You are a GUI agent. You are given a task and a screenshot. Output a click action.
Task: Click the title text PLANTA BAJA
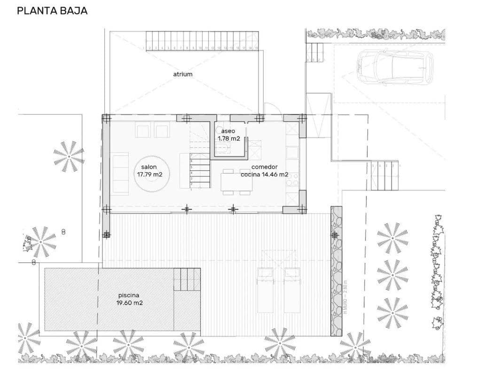[52, 10]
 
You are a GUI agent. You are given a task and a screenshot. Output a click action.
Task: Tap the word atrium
[182, 74]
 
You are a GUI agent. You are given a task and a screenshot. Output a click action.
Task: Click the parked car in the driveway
[394, 67]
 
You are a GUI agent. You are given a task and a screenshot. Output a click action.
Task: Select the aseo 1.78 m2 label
[229, 135]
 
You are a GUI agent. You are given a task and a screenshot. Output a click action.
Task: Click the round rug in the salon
[153, 174]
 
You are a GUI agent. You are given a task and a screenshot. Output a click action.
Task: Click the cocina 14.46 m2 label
[264, 174]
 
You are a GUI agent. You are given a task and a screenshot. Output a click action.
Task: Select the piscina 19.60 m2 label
[129, 300]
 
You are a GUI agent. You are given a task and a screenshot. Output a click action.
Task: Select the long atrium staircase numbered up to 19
[202, 40]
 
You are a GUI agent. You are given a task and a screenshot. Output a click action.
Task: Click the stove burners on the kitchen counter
[292, 179]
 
